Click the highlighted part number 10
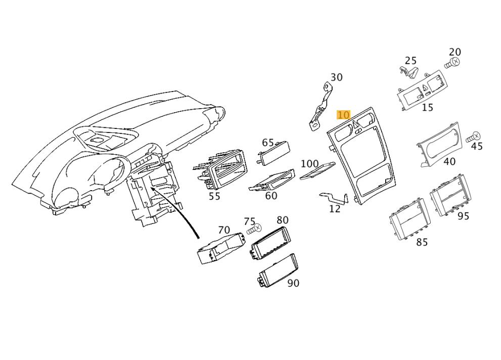pyautogui.click(x=343, y=115)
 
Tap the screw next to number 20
pyautogui.click(x=452, y=63)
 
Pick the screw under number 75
pyautogui.click(x=254, y=229)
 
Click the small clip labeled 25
pyautogui.click(x=408, y=72)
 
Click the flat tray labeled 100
pyautogui.click(x=317, y=170)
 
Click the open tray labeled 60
pyautogui.click(x=272, y=181)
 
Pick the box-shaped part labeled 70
pyautogui.click(x=220, y=248)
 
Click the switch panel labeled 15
pyautogui.click(x=422, y=91)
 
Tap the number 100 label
pyautogui.click(x=309, y=164)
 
